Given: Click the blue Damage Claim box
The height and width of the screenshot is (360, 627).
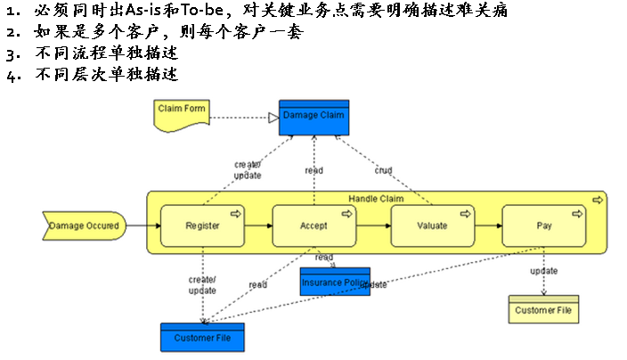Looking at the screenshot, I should pyautogui.click(x=313, y=118).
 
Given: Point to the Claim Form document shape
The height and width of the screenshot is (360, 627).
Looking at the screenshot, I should pyautogui.click(x=182, y=112).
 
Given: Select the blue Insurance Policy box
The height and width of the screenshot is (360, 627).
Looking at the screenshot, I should pyautogui.click(x=335, y=282).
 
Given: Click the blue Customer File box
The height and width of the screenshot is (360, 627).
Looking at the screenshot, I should pyautogui.click(x=201, y=337).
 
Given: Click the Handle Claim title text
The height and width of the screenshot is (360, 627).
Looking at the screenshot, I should pyautogui.click(x=375, y=199).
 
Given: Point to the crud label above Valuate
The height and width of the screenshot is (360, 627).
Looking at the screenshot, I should pyautogui.click(x=383, y=170).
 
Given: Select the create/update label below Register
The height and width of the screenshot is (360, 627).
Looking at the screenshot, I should pyautogui.click(x=202, y=285).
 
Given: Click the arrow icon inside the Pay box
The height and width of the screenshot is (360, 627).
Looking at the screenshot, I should pyautogui.click(x=576, y=214).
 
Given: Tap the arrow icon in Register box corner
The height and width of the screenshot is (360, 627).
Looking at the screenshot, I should pyautogui.click(x=236, y=214).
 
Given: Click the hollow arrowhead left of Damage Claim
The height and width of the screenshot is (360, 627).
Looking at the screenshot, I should pyautogui.click(x=274, y=118).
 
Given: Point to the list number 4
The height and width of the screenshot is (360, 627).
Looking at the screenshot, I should pyautogui.click(x=10, y=76).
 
